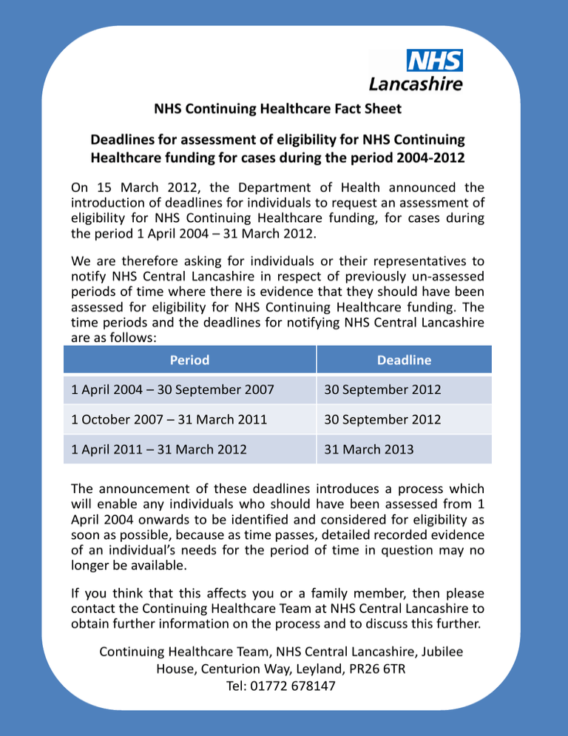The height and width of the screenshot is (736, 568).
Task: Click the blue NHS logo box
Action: [x=434, y=61]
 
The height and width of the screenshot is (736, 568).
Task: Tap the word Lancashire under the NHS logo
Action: [x=416, y=84]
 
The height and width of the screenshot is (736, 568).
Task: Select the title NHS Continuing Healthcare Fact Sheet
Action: [x=277, y=109]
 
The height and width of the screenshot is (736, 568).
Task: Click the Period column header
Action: [x=189, y=360]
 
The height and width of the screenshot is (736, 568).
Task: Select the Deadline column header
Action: [x=404, y=360]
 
